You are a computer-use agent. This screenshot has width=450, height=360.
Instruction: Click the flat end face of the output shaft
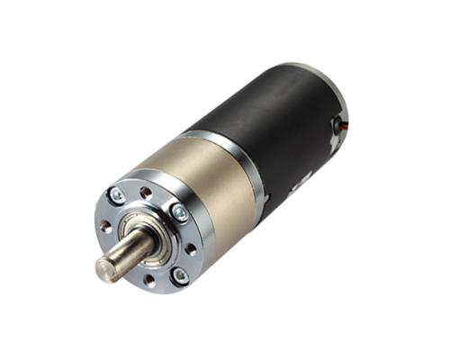(103, 268)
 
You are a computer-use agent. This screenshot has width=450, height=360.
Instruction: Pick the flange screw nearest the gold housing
(179, 214)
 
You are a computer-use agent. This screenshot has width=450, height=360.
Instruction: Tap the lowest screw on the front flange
(179, 274)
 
